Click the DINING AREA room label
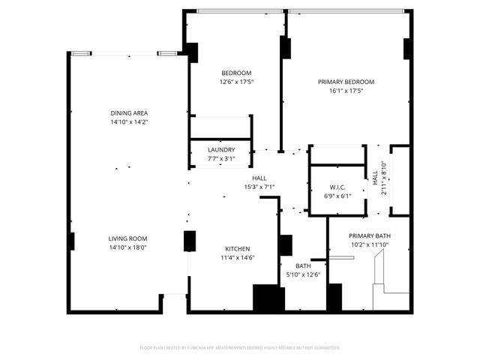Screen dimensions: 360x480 pos(129,112)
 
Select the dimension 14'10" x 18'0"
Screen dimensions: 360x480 pos(129,247)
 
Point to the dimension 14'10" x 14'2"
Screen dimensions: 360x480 pos(129,121)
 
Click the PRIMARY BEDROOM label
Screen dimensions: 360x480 pos(346,82)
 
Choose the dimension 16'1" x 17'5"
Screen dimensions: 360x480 pos(346,91)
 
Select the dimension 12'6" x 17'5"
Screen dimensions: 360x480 pos(236,82)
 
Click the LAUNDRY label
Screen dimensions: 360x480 pos(221,150)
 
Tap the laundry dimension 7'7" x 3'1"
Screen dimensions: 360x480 pos(221,158)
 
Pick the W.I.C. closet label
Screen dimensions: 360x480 pos(337,187)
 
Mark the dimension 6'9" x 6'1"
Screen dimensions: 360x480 pos(337,196)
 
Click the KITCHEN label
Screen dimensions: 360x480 pos(238,249)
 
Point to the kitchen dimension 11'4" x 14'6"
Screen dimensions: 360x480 pos(238,258)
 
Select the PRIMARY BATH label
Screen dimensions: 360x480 pos(369,235)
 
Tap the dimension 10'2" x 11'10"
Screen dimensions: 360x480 pos(369,244)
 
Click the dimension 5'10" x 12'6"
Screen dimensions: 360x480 pos(303,274)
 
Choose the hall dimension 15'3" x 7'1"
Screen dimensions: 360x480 pos(259,187)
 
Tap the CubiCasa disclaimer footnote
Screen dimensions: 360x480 pos(240,348)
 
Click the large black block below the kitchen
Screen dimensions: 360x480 pos(268,298)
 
